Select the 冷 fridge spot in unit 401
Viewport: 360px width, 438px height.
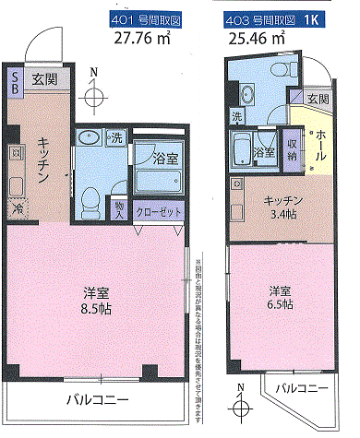point(17,209)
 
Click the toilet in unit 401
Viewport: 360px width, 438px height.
point(90,200)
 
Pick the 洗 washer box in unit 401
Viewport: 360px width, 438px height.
point(115,138)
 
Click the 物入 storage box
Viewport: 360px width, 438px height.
point(120,207)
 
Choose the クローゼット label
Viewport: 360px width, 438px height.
point(158,209)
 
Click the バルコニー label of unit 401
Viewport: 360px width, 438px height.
point(96,399)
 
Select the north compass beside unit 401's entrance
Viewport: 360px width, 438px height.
point(93,94)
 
